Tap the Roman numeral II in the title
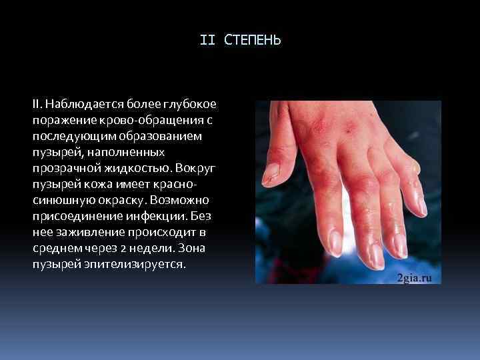click(x=207, y=41)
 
